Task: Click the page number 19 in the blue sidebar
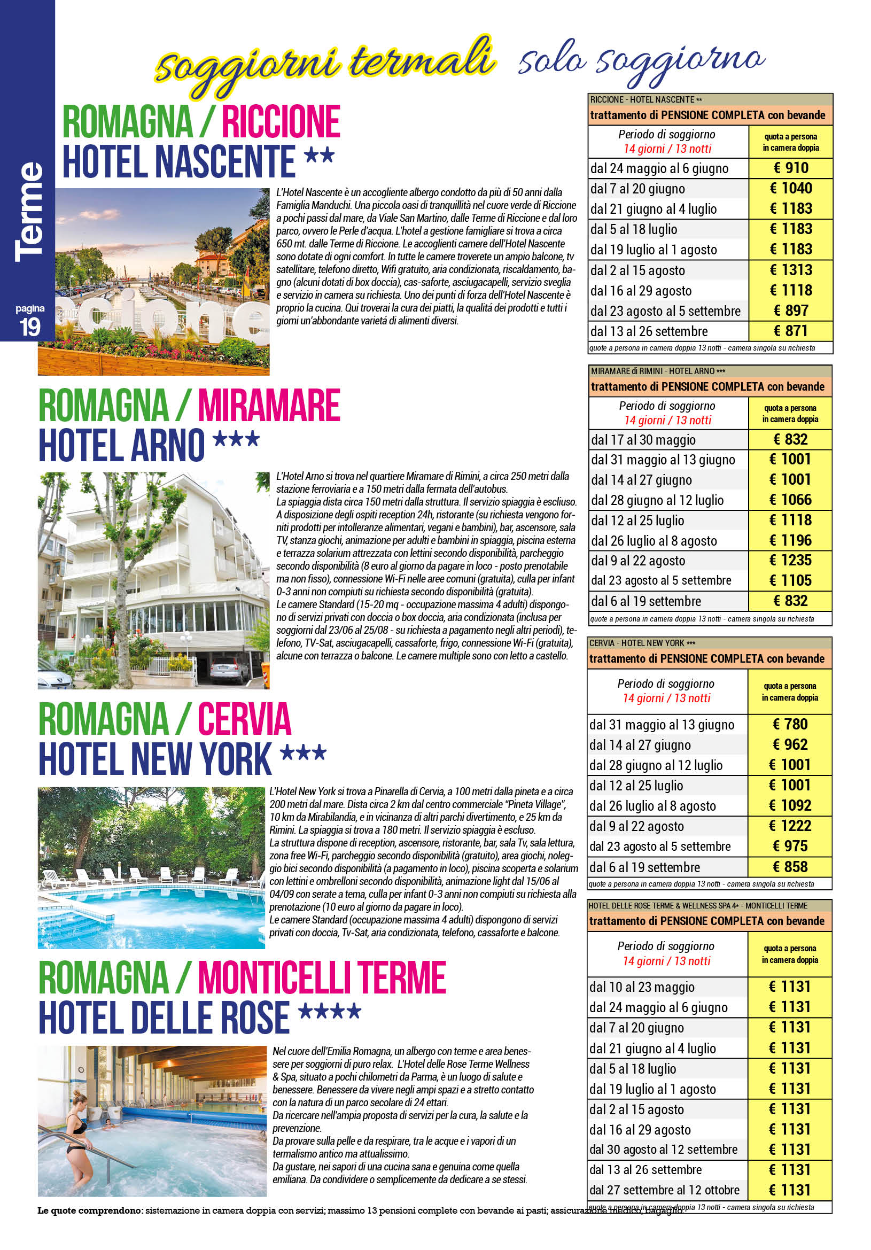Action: tap(30, 327)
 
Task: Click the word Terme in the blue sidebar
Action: tap(29, 212)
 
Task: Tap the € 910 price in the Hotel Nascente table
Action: tap(790, 168)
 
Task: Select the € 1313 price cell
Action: tap(790, 270)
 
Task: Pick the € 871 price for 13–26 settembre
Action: tap(790, 331)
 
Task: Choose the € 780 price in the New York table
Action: tap(790, 724)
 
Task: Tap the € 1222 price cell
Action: tap(790, 826)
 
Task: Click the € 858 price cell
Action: tap(790, 867)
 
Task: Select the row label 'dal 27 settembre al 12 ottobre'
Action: tap(664, 1190)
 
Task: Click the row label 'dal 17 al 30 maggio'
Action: tap(643, 440)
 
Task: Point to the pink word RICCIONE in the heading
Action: tap(281, 122)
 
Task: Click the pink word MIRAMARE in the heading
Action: tap(269, 406)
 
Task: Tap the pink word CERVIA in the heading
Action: tap(244, 720)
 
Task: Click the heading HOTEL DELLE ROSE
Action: tap(164, 1018)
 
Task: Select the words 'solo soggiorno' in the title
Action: tap(641, 61)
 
